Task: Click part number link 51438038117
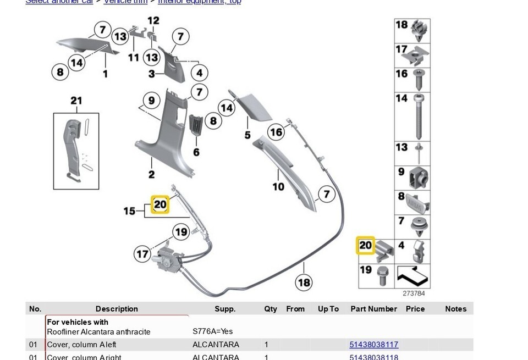coord(373,345)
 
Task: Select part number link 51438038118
coord(373,356)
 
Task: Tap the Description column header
coord(117,309)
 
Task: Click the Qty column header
coord(270,309)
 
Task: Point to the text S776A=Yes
coord(213,331)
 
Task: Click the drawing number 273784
coord(414,293)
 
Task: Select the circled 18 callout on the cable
coord(304,283)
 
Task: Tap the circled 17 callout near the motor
coord(143,254)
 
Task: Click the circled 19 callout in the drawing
coord(181,232)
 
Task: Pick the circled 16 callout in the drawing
coord(276,132)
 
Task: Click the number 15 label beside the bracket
coord(129,211)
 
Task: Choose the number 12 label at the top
coord(153,21)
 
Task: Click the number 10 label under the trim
coord(278,187)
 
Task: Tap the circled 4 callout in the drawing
coord(199,73)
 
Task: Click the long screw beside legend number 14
coord(421,117)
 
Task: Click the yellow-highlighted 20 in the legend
coord(366,245)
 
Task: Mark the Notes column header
coord(455,309)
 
